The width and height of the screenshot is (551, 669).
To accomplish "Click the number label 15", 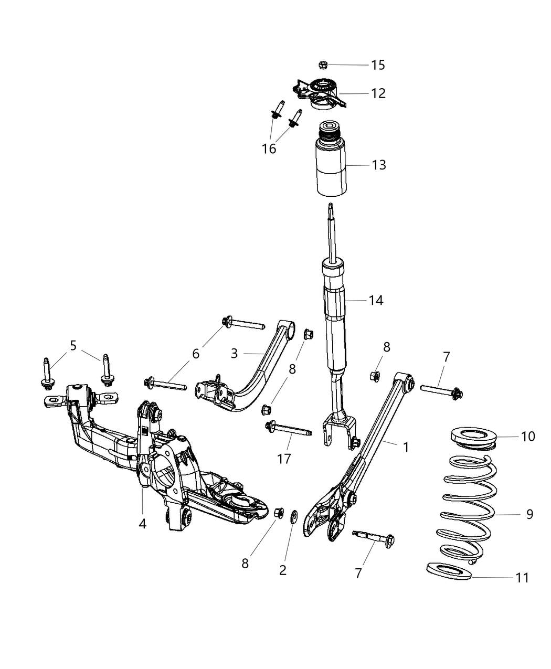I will (x=378, y=65).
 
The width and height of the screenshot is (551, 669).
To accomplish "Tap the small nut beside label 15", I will (x=323, y=65).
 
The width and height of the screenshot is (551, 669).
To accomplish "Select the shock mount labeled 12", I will (x=320, y=93).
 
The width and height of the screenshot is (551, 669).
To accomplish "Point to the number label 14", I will (x=376, y=301).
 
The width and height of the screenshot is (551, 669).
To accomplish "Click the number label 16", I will (x=269, y=149).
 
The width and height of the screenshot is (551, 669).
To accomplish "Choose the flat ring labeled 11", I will (x=449, y=571).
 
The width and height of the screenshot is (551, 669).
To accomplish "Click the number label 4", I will (x=142, y=524).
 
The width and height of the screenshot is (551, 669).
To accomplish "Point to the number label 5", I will (x=73, y=346).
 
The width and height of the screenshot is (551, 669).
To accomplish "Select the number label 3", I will (x=234, y=354).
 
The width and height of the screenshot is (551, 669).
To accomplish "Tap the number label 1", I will (x=405, y=447).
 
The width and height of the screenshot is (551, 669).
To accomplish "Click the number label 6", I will (x=196, y=354).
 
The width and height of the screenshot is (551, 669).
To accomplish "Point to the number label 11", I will (x=522, y=578).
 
